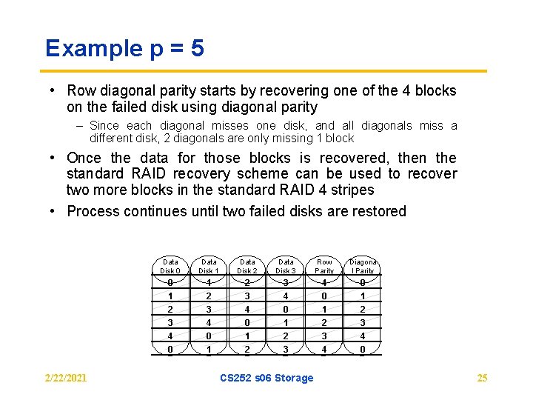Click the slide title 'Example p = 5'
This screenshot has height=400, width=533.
(124, 49)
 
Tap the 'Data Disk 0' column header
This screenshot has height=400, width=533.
(170, 266)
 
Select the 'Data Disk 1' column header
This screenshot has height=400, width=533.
(209, 266)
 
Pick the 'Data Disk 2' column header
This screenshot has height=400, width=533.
(247, 266)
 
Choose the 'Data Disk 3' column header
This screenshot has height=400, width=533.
(286, 266)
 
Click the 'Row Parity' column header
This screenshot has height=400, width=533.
(324, 266)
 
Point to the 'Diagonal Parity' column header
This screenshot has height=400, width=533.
(363, 266)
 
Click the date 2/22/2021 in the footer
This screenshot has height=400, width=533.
(66, 378)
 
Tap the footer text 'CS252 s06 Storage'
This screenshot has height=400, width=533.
(266, 378)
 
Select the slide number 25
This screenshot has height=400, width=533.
(482, 378)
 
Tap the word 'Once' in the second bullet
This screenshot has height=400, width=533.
(84, 158)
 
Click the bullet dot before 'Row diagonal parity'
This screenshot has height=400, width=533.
(55, 91)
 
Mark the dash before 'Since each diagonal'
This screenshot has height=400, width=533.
(79, 126)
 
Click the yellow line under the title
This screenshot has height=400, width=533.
(266, 71)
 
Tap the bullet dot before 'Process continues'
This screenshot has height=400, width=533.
(55, 211)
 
